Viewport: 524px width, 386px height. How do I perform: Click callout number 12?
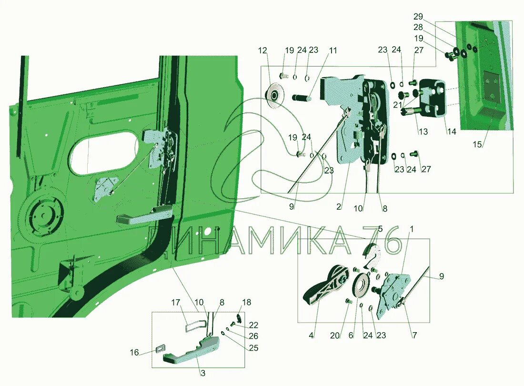263,50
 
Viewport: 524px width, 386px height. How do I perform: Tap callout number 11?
333,50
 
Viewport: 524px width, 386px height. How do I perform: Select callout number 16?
135,353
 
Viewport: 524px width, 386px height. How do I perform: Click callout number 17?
176,302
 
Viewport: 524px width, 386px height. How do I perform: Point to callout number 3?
202,374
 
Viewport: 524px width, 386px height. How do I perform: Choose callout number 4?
312,335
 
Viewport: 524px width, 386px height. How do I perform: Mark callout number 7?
414,335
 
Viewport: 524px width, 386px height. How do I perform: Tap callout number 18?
246,302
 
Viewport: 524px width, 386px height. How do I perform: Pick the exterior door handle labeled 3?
191,353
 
